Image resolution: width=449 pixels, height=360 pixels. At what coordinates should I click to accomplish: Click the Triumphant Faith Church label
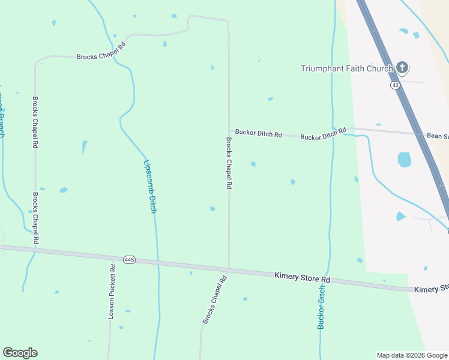346,68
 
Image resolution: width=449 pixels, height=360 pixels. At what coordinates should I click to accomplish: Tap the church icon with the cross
402,68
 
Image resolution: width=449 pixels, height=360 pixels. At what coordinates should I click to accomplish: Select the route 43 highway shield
395,86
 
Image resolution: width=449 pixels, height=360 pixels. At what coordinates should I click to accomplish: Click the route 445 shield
129,260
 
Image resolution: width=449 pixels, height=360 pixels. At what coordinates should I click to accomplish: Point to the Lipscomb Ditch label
150,187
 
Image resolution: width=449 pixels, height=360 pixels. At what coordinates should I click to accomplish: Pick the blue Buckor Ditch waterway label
322,307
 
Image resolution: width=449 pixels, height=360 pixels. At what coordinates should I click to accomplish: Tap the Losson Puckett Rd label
112,292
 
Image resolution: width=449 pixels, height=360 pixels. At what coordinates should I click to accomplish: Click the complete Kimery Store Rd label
303,278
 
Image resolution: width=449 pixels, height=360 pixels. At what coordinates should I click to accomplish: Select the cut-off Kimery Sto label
431,289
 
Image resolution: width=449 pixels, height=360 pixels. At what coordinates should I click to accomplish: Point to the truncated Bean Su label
437,136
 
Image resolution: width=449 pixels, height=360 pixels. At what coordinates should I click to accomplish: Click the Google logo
20,353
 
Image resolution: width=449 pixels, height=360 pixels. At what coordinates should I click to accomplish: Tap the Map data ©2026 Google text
412,355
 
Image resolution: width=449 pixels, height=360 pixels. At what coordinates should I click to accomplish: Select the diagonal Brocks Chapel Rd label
214,300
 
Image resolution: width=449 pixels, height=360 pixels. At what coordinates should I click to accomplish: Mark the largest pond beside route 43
405,160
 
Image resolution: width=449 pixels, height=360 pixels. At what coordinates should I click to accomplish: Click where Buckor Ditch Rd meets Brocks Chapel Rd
229,131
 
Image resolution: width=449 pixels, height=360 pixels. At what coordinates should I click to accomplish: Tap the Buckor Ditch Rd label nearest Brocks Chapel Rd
258,133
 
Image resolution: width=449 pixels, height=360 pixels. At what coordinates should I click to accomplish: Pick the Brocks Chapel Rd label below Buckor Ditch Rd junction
229,163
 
